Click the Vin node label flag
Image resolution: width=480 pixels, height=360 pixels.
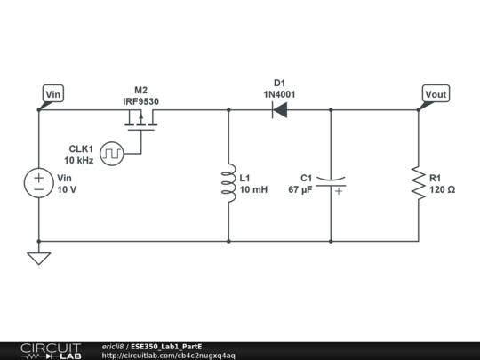tap(53, 93)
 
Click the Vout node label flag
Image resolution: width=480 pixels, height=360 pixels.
tap(436, 93)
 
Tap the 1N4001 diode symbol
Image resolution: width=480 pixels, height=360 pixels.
tap(279, 110)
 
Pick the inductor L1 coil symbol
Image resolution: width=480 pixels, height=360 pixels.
tap(228, 183)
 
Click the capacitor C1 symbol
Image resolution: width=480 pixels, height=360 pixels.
tap(331, 183)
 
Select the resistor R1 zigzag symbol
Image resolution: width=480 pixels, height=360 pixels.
tap(418, 183)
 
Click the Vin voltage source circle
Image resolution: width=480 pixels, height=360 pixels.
tap(39, 183)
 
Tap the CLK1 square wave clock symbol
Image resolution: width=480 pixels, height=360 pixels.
tap(112, 154)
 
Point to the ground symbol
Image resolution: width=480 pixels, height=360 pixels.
tap(39, 258)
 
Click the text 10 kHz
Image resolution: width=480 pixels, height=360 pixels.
tap(78, 161)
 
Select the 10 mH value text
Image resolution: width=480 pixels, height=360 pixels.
tap(253, 190)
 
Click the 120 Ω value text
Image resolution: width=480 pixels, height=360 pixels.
tap(443, 190)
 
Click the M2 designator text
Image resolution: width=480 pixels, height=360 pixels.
tap(140, 91)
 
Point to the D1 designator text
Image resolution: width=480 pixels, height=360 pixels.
tap(279, 84)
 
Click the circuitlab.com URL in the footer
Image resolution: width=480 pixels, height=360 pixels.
tap(169, 356)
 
